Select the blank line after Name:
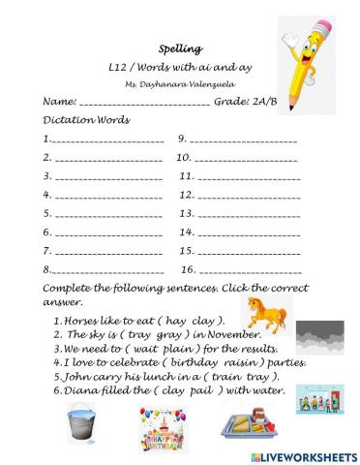coord(142,104)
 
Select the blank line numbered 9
coord(243,141)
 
